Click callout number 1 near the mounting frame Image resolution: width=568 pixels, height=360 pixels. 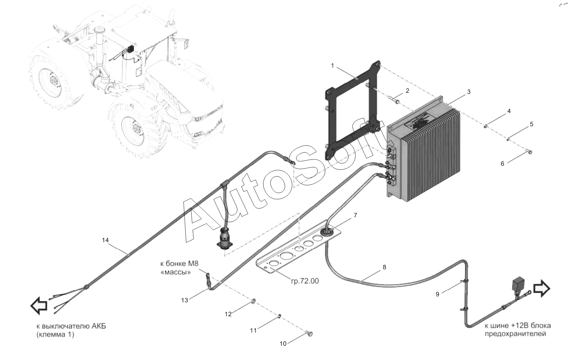pyautogui.click(x=332, y=65)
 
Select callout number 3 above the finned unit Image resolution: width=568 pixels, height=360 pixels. pyautogui.click(x=468, y=92)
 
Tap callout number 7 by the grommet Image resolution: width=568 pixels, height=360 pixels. pyautogui.click(x=355, y=215)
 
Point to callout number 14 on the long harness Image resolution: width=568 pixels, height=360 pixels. pyautogui.click(x=105, y=240)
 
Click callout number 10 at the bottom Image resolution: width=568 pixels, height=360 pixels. pyautogui.click(x=283, y=344)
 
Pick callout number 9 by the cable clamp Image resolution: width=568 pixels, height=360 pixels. pyautogui.click(x=438, y=294)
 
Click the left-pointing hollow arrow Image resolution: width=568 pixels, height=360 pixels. pyautogui.click(x=38, y=306)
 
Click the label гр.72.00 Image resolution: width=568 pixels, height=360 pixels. pyautogui.click(x=305, y=281)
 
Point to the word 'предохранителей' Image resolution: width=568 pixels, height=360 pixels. pyautogui.click(x=515, y=334)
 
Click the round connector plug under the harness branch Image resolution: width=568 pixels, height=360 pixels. pyautogui.click(x=225, y=238)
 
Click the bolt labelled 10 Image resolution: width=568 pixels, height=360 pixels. pyautogui.click(x=310, y=334)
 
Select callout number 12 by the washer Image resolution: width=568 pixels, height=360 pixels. pyautogui.click(x=228, y=314)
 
